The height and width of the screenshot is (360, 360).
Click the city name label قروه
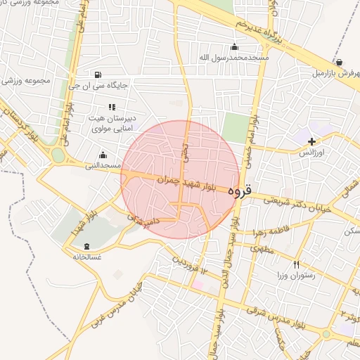pyautogui.click(x=240, y=190)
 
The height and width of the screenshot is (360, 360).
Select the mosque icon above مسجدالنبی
pyautogui.click(x=103, y=155)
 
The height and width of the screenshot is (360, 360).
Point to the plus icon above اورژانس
pyautogui.click(x=311, y=141)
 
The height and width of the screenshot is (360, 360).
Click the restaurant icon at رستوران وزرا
pyautogui.click(x=296, y=264)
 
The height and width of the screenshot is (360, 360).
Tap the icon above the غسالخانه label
pyautogui.click(x=86, y=246)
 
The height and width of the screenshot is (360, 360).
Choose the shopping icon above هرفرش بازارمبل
pyautogui.click(x=340, y=63)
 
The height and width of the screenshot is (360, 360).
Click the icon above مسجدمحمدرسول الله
pyautogui.click(x=234, y=47)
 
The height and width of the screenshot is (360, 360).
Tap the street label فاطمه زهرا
pyautogui.click(x=265, y=231)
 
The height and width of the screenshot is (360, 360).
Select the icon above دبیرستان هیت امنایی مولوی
pyautogui.click(x=111, y=107)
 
